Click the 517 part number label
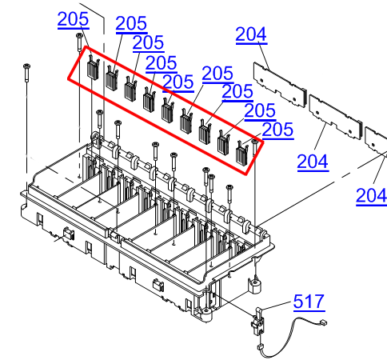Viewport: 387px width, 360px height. coord(309,302)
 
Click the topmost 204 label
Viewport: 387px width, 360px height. coord(251,34)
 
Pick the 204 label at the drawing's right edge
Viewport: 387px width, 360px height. coord(372,195)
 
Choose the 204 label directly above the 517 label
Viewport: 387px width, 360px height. coord(313,162)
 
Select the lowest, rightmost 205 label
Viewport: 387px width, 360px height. coord(277,130)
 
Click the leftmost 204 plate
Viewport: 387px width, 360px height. coord(280,83)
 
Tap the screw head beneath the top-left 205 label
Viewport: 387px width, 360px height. coord(79,37)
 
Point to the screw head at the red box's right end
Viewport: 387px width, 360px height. coord(254,142)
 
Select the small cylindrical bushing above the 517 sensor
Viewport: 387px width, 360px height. coord(256,285)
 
